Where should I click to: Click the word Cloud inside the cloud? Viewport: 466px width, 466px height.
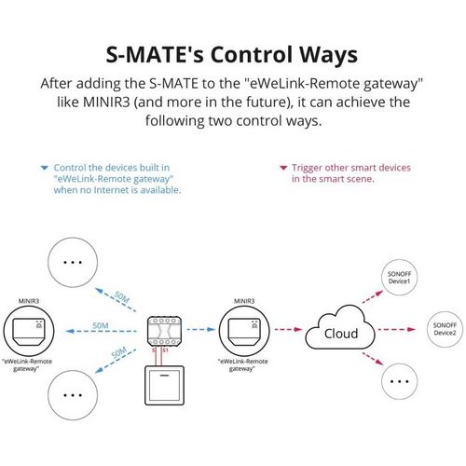[341, 334]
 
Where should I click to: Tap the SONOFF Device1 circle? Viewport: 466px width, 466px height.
[399, 278]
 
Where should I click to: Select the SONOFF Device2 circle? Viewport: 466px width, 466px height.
[445, 329]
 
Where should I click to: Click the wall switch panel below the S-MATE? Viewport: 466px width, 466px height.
[165, 386]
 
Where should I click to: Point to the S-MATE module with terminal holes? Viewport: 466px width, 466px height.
[164, 331]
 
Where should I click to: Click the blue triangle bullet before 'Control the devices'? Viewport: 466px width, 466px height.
[45, 168]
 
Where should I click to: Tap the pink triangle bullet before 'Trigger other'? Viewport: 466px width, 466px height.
[283, 168]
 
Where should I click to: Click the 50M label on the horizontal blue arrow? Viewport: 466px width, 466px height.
[101, 325]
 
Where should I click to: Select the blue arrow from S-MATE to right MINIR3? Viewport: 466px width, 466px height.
[201, 329]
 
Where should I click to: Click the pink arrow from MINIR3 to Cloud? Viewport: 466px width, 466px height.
[288, 329]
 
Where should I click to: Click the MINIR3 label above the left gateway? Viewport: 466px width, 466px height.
[29, 301]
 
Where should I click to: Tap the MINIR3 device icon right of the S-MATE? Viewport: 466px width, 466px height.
[244, 331]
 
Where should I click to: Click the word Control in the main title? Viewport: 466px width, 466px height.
[253, 54]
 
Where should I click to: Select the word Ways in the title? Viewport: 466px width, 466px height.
[328, 56]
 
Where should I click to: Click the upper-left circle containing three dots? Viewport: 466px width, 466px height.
[73, 262]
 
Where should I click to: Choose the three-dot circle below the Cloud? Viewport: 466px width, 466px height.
[399, 381]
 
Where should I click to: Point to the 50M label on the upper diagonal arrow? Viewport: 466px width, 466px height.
[121, 297]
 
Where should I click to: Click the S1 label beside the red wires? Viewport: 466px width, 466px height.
[165, 350]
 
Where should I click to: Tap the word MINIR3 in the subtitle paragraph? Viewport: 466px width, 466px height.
[106, 103]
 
